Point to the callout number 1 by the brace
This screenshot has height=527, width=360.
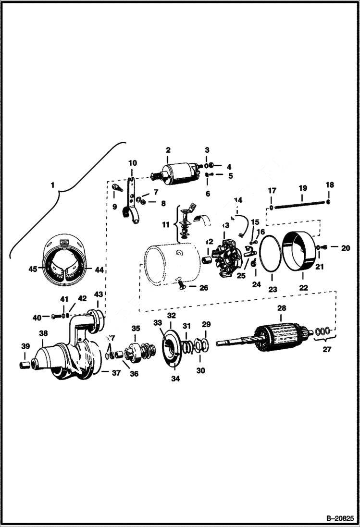[53, 184]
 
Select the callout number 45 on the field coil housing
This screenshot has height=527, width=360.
[32, 270]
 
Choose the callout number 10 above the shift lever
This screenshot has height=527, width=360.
[133, 163]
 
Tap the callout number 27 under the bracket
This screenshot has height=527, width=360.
[327, 350]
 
